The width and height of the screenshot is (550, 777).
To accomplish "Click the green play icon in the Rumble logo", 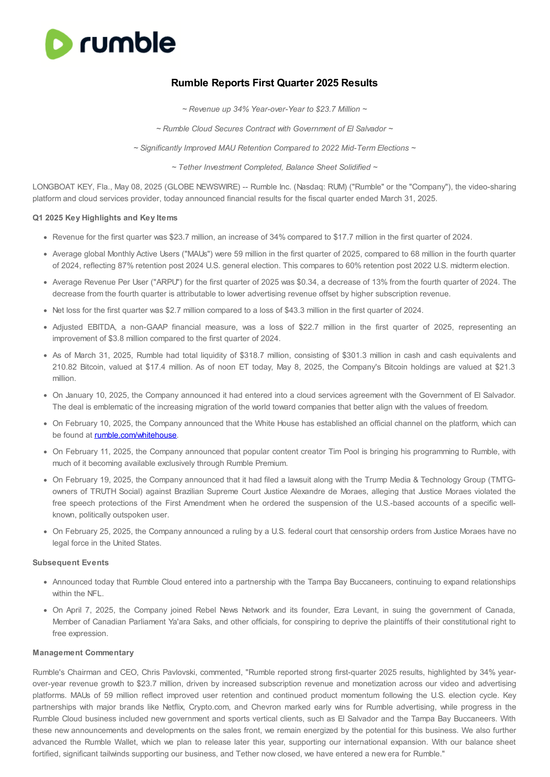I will (58, 44).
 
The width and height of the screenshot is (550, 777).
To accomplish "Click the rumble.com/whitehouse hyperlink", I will (135, 435).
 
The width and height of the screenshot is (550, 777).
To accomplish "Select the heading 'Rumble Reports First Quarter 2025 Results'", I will (274, 83).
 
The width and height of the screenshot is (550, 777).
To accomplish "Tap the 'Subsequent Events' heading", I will (70, 562).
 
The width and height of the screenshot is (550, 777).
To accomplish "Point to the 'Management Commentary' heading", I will (83, 653).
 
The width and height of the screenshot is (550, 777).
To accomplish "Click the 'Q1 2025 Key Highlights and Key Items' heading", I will (105, 218).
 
